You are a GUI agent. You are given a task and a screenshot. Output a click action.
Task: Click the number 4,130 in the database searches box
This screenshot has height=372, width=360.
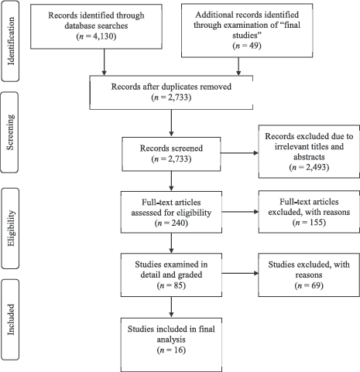103,36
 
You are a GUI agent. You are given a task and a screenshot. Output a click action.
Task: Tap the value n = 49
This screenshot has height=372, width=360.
247,46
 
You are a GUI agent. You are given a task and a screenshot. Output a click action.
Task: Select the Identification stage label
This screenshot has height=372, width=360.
11,41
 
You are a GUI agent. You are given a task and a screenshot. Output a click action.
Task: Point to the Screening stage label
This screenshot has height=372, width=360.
10,132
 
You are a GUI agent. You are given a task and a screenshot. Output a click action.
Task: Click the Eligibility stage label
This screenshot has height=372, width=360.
11,228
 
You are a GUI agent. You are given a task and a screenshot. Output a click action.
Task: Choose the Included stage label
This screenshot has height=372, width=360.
11,319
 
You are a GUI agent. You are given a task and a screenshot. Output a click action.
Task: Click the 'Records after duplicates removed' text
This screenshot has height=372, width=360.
171,87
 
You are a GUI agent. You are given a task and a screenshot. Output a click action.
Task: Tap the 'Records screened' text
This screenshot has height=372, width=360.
171,148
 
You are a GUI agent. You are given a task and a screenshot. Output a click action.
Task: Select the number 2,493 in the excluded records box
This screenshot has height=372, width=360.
317,168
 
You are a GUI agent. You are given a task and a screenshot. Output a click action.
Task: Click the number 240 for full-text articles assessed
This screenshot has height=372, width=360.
178,223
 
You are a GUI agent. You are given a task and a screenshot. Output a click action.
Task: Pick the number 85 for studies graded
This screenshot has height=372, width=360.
178,285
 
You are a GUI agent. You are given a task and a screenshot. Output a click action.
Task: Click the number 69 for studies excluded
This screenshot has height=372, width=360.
316,285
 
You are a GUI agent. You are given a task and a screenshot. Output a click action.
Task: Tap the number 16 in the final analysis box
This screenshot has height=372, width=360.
178,350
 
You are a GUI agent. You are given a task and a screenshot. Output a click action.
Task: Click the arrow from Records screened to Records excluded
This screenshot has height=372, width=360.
239,153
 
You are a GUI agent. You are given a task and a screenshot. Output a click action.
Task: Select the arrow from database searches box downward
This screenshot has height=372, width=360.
104,62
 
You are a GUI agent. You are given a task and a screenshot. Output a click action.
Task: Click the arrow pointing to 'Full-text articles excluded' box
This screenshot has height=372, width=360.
240,212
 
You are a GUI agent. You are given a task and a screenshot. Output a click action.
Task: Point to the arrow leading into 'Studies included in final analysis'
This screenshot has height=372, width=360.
171,307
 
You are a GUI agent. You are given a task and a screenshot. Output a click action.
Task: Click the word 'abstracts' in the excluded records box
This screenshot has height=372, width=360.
309,157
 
